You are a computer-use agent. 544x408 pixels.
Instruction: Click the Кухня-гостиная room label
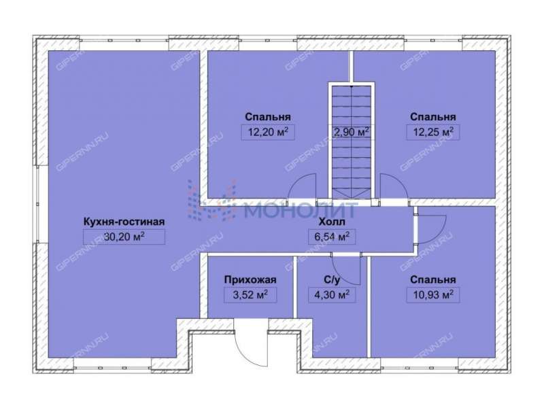tap(124, 222)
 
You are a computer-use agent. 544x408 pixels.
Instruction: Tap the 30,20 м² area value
tap(124, 237)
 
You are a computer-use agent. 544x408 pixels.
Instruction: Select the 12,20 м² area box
tap(268, 132)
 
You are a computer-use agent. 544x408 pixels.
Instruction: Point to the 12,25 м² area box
tap(433, 132)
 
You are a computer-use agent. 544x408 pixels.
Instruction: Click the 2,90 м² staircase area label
tap(352, 132)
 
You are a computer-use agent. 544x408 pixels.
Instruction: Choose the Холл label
tap(332, 222)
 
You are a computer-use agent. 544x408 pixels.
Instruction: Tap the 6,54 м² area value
tap(332, 237)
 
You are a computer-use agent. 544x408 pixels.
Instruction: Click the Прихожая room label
tap(250, 279)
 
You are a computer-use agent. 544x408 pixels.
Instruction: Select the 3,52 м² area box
tap(250, 295)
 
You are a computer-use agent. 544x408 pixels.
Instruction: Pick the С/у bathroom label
tap(332, 279)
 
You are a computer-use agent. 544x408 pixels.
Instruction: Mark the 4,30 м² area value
tap(332, 295)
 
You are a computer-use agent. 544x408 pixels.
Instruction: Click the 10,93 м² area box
tap(433, 295)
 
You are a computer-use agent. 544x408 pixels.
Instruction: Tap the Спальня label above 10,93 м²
tap(433, 279)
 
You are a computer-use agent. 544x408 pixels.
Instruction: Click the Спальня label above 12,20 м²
tap(268, 117)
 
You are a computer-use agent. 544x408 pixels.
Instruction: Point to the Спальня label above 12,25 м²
tap(433, 117)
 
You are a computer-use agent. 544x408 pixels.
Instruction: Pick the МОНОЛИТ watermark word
tap(301, 209)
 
